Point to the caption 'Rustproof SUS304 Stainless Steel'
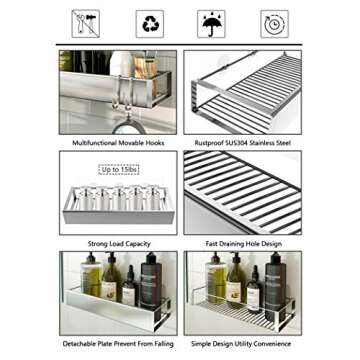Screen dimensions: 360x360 (x=242, y=142)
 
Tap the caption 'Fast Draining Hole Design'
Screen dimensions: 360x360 (x=242, y=243)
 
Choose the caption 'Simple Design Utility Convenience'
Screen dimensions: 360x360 (x=242, y=342)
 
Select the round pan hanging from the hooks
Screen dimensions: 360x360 (x=123, y=124)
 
